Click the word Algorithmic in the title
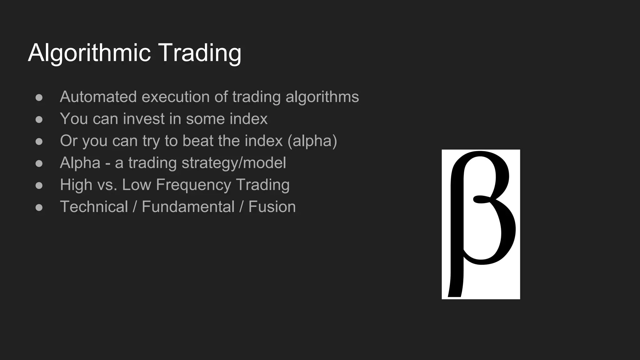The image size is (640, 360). click(89, 53)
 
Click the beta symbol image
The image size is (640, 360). click(481, 224)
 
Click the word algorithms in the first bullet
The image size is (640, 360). click(322, 97)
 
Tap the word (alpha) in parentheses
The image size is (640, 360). click(312, 141)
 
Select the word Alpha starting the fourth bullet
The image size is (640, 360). click(80, 163)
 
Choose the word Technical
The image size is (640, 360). click(94, 207)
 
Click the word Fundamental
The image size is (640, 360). click(188, 207)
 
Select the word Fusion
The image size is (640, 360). click(272, 207)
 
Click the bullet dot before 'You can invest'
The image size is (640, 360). click(39, 119)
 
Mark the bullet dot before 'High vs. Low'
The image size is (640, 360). click(39, 185)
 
